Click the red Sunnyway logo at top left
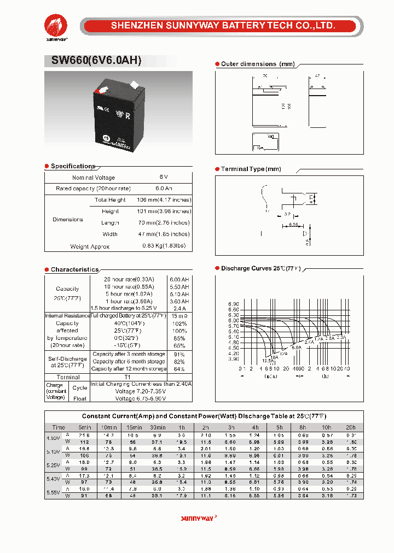[56, 25]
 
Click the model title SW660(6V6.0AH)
[96, 61]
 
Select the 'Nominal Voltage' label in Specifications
[94, 178]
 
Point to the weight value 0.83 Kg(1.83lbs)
[164, 246]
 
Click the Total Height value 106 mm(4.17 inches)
[164, 200]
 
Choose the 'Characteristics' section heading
[74, 269]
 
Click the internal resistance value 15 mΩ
[179, 316]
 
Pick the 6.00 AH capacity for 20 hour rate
[179, 279]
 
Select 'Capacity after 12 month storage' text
[129, 369]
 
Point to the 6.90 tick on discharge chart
[233, 304]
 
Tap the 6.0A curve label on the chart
[296, 347]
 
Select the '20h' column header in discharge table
[350, 427]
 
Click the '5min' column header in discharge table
[84, 427]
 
